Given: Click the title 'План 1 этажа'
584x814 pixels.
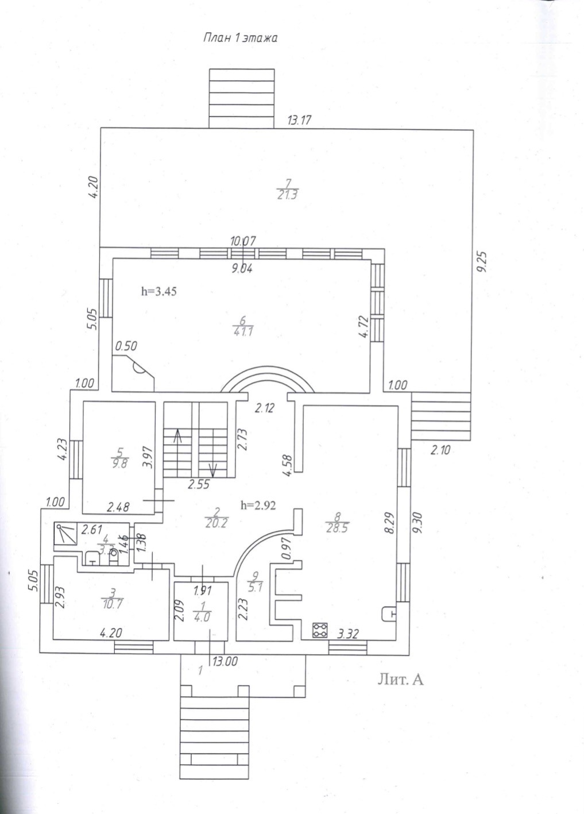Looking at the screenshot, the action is tap(240, 38).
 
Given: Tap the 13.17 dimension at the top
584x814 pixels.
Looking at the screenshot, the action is tap(299, 120).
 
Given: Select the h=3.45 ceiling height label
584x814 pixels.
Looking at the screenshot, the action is tap(158, 291).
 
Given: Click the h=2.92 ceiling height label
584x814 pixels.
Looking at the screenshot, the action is tap(258, 506).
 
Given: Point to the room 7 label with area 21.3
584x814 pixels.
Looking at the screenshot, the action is tap(288, 189).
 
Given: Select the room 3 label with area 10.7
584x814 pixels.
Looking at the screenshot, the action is tap(114, 598).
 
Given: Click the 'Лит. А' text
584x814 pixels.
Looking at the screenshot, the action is tap(400, 680).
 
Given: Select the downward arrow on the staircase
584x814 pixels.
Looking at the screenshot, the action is tap(212, 468).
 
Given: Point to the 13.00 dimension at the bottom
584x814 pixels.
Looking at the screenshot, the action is tap(225, 661).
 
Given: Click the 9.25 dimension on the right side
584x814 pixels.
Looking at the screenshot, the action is tap(484, 263).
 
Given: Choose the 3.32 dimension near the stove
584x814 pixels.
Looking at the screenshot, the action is tap(348, 634).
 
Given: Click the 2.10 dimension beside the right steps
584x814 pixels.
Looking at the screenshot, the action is tap(440, 450).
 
